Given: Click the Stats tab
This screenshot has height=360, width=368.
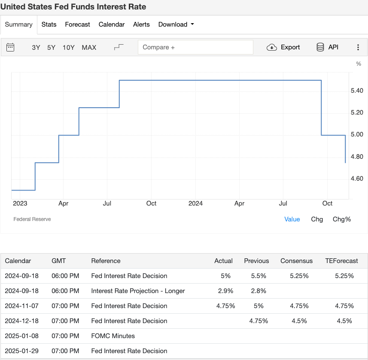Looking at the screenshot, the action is tap(49, 24).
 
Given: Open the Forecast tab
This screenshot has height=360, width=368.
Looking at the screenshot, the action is tap(77, 24).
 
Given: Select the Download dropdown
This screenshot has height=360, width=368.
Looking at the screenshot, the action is tap(176, 24).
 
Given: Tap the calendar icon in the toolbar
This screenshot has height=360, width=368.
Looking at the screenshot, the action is tap(10, 47).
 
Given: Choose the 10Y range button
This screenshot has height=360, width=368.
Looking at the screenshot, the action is tap(69, 48).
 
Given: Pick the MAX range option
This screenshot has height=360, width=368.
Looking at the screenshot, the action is tap(89, 48).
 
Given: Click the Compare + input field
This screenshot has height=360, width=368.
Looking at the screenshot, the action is tap(195, 47).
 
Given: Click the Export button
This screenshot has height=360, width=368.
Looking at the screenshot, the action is tap(283, 47).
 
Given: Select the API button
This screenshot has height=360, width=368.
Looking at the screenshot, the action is tap(327, 47).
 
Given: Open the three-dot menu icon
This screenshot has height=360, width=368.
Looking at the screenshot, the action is tap(358, 47).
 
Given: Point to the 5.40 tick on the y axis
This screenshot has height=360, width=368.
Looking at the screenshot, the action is tap(357, 91).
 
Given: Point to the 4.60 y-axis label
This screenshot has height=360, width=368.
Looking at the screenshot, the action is tap(357, 178).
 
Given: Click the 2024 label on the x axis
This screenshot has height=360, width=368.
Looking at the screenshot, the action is tap(195, 203).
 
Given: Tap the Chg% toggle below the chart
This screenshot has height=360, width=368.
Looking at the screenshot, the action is tap(342, 219).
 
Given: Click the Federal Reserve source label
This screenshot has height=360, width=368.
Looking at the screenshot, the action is tap(32, 219).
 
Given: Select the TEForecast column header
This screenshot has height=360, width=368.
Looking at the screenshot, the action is tap(341, 261).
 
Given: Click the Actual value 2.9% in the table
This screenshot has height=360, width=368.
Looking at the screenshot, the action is tap(225, 291).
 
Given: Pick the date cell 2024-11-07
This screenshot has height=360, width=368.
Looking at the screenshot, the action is tap(21, 306).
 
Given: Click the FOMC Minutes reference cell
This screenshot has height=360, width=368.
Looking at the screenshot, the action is tap(113, 336).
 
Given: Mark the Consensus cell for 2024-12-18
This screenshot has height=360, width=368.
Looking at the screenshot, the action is tap(299, 321).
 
